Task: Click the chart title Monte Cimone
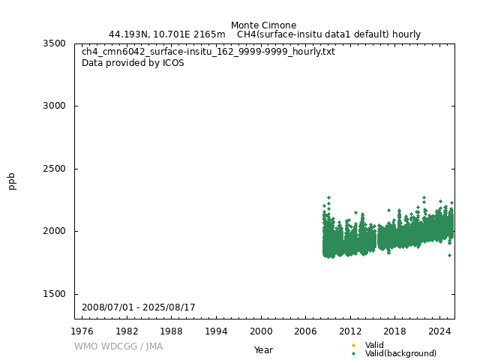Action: (x=263, y=25)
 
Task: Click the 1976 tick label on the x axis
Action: (x=82, y=331)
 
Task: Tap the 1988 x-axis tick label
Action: (x=172, y=331)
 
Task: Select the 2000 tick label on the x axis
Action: (x=261, y=331)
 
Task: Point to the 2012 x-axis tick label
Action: (x=350, y=331)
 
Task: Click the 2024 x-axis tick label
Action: (x=439, y=331)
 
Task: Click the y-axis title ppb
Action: (x=12, y=181)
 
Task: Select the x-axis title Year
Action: (x=263, y=350)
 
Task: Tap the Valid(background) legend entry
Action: (x=400, y=353)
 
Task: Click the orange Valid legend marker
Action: (x=353, y=345)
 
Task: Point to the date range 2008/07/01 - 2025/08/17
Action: (x=139, y=307)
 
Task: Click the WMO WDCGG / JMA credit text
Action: (x=118, y=346)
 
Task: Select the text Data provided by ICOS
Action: (x=133, y=63)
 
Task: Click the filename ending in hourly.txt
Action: (x=208, y=52)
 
